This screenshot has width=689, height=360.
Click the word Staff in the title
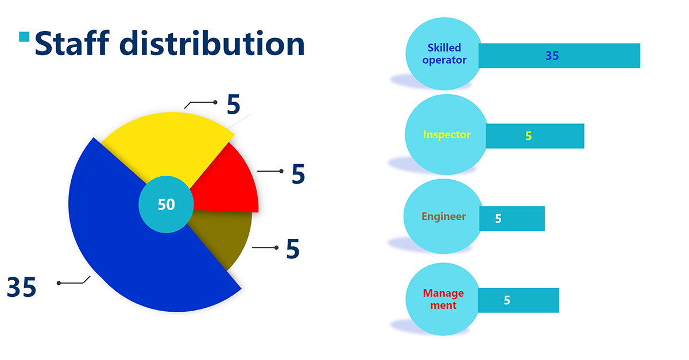72,43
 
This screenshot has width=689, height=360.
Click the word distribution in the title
212,43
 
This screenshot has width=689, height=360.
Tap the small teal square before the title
24,37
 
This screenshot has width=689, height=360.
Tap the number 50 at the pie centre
167,204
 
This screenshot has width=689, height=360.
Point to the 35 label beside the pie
22,287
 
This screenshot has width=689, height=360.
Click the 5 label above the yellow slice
234,104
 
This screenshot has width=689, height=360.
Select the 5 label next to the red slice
298,174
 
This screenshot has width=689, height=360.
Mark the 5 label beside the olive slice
293,249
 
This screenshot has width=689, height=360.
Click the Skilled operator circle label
444,54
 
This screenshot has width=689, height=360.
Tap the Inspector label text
447,134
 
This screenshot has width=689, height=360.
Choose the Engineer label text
443,216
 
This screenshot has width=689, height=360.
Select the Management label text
443,299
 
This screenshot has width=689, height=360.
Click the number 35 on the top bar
552,56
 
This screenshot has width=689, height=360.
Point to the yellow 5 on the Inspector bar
528,136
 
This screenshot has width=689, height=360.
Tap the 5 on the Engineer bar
498,218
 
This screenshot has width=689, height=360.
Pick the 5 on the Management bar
507,300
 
